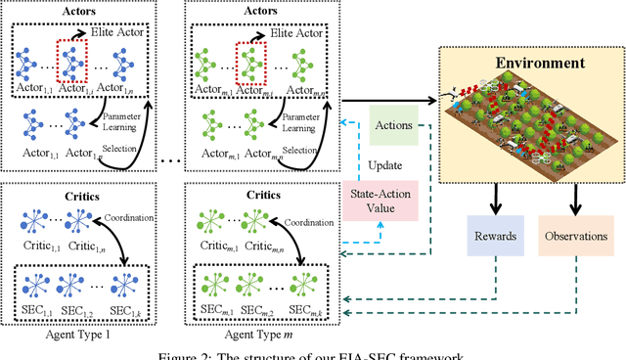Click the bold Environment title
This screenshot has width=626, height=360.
tap(532, 63)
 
